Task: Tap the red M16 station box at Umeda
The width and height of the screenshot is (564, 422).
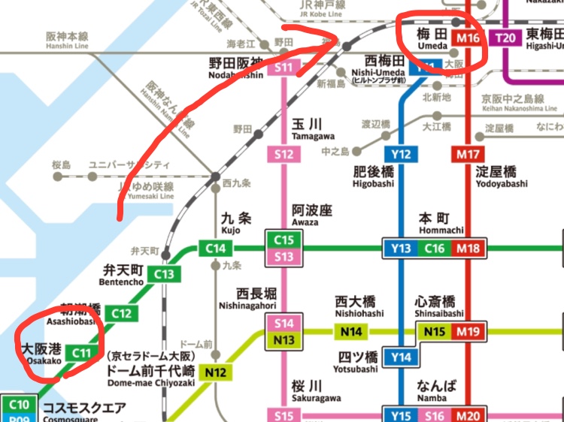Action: point(468,38)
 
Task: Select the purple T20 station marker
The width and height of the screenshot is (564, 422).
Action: point(505,37)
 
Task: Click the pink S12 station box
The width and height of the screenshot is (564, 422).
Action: point(284,155)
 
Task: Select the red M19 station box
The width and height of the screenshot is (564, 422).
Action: point(468,331)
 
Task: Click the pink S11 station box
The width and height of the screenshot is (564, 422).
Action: point(284,68)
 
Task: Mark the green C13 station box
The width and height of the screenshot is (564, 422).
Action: point(165,275)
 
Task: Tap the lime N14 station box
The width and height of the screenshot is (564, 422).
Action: point(352,331)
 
